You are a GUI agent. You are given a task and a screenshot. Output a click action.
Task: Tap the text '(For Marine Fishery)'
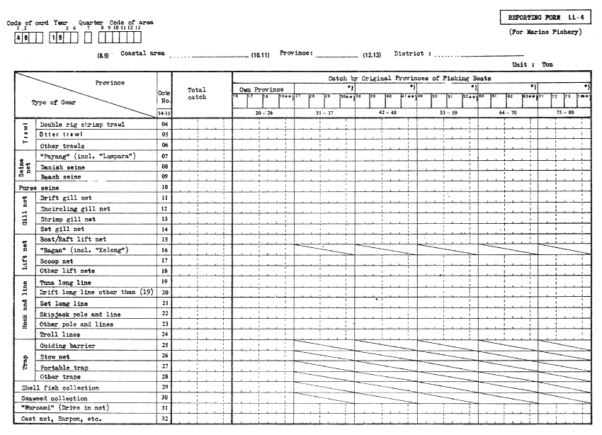point(543,33)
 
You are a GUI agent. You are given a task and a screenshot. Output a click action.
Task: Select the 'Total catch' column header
point(197,94)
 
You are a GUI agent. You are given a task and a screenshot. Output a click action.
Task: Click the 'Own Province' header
point(263,89)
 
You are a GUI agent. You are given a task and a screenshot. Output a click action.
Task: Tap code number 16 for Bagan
point(164,250)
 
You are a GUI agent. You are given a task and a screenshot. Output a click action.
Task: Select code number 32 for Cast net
point(164,419)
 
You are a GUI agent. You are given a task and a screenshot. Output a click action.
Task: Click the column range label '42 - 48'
point(385,111)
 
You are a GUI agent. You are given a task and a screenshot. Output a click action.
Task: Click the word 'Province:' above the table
point(296,53)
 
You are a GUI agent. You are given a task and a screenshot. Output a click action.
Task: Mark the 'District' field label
point(409,53)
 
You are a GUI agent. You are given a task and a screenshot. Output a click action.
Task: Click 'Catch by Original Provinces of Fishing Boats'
point(409,79)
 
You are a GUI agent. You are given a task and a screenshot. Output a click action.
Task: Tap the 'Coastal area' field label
point(142,53)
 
